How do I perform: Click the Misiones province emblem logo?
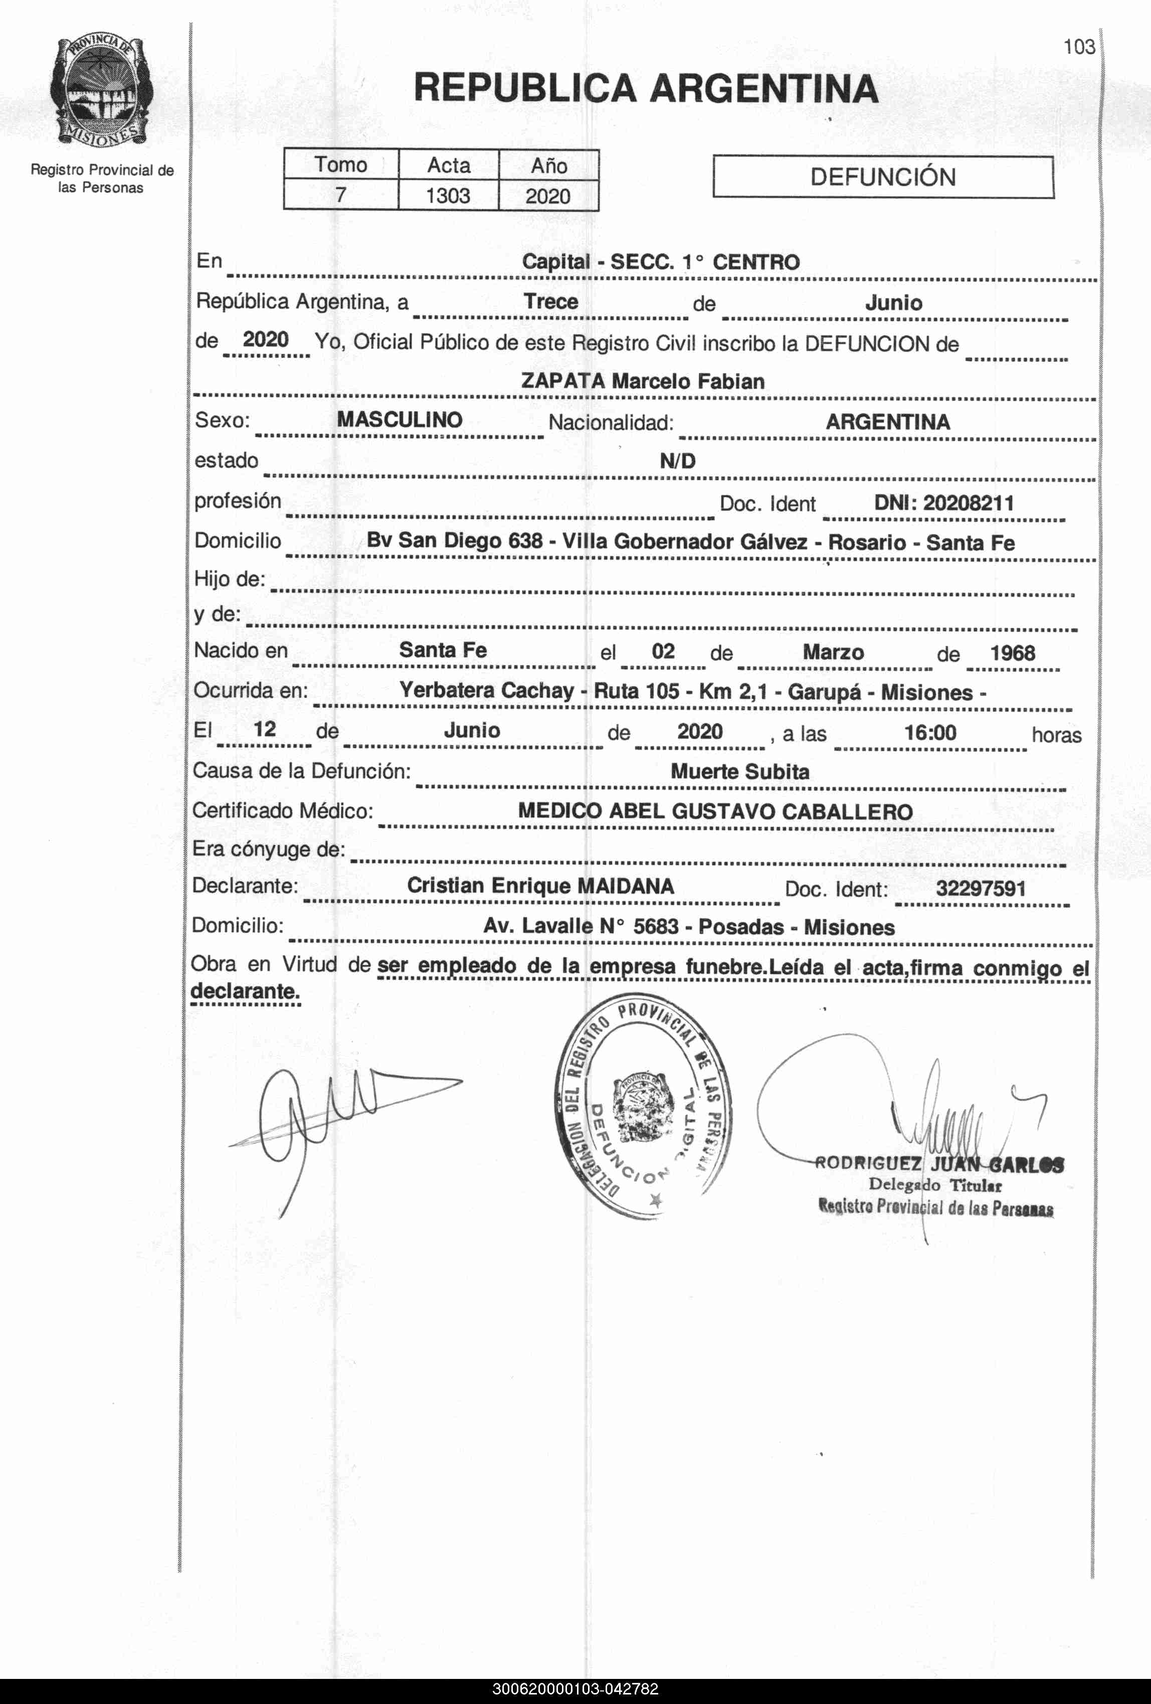pos(102,92)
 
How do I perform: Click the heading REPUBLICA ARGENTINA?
pos(645,89)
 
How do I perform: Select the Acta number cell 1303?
pos(448,196)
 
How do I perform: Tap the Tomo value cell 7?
pos(341,196)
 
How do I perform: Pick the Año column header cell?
pos(548,165)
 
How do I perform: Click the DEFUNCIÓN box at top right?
pos(883,177)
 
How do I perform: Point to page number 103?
pos(1079,48)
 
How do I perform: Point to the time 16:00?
pos(929,733)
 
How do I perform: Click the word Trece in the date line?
pos(550,301)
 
